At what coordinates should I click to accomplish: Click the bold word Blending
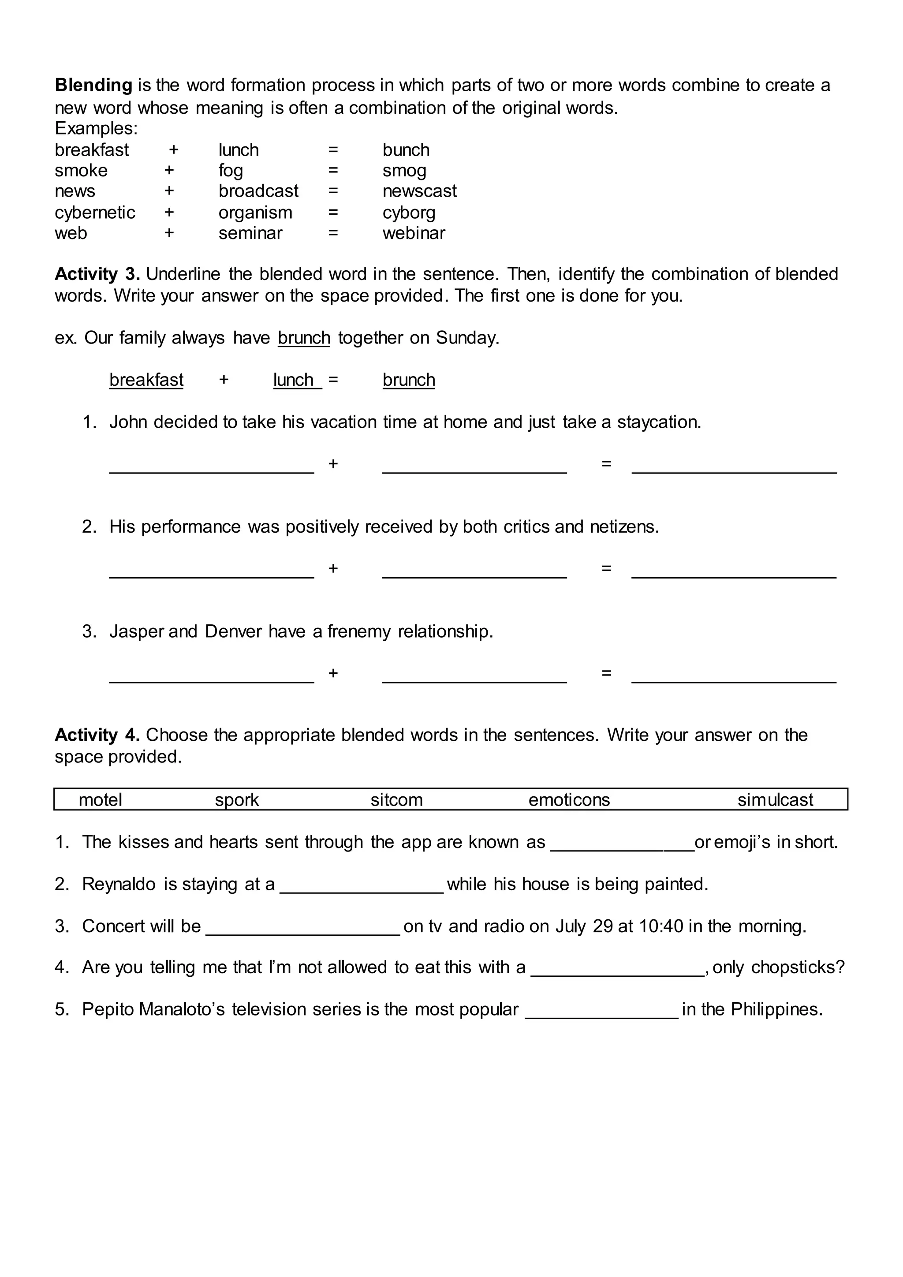pyautogui.click(x=93, y=85)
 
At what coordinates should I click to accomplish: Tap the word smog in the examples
pyautogui.click(x=404, y=170)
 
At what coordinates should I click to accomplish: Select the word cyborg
pyautogui.click(x=409, y=213)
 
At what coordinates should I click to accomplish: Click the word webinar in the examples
pyautogui.click(x=414, y=233)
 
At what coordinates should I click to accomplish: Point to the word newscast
pyautogui.click(x=419, y=191)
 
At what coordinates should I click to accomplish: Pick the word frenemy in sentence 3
pyautogui.click(x=359, y=631)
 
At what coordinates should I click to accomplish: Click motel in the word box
pyautogui.click(x=100, y=800)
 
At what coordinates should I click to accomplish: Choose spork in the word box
pyautogui.click(x=237, y=800)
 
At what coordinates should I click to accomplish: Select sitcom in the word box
pyautogui.click(x=396, y=800)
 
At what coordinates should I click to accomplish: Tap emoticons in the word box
pyautogui.click(x=569, y=800)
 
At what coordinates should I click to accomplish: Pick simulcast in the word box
pyautogui.click(x=775, y=800)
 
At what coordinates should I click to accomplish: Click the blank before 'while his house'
pyautogui.click(x=362, y=885)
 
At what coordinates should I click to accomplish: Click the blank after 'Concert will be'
pyautogui.click(x=303, y=926)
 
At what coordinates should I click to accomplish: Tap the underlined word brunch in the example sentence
pyautogui.click(x=304, y=338)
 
